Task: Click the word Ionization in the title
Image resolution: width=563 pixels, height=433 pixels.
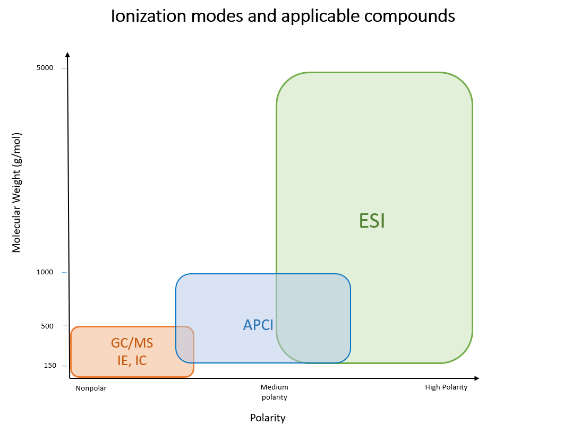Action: (148, 16)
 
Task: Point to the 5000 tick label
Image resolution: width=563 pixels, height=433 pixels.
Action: (45, 68)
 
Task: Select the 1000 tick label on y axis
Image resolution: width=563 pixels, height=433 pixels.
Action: (45, 272)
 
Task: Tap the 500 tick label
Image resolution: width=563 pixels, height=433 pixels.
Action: (47, 326)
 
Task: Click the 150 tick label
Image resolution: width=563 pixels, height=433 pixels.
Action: (50, 366)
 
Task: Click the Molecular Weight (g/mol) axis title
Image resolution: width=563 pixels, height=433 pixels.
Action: (16, 193)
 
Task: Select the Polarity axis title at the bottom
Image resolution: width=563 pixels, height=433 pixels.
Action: (268, 418)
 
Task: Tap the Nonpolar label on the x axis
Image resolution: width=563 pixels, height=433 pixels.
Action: (91, 388)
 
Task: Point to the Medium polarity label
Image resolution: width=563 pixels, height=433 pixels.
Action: (274, 392)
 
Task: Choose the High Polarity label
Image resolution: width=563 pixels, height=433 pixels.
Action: (446, 387)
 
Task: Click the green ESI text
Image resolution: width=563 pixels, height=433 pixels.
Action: (372, 221)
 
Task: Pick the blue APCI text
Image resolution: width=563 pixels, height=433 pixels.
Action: (258, 325)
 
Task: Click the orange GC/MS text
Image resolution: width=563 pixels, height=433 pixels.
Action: (132, 343)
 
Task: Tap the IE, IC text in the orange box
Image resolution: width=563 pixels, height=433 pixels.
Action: (132, 360)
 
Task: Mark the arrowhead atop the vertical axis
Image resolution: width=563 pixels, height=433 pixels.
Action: (67, 55)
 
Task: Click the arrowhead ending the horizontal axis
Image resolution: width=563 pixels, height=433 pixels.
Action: (476, 378)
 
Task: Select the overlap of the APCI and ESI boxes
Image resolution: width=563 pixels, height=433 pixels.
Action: (313, 318)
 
